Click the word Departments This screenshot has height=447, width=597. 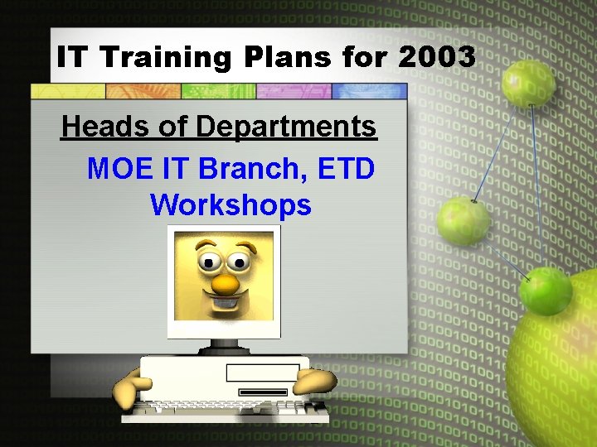click(x=286, y=127)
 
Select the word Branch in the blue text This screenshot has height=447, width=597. click(x=250, y=168)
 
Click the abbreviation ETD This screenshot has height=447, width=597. click(x=343, y=168)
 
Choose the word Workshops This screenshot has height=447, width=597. click(x=231, y=204)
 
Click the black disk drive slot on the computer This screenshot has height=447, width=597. click(x=262, y=392)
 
